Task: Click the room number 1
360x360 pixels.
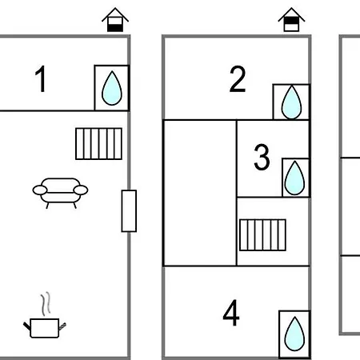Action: [41, 79]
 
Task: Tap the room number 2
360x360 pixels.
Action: [238, 79]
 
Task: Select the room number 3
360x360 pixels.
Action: [262, 157]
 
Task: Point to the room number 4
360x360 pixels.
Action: [231, 313]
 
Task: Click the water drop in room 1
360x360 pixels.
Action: [112, 88]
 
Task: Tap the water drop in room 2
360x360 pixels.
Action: [291, 102]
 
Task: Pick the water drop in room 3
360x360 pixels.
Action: [294, 178]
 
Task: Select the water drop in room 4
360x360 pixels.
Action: [294, 334]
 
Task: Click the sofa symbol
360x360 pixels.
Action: [60, 193]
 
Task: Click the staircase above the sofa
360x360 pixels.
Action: [98, 144]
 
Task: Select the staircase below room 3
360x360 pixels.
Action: [262, 235]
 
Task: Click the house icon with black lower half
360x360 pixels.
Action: [115, 20]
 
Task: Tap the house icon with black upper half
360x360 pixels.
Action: [291, 20]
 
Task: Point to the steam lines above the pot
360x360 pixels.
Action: [46, 303]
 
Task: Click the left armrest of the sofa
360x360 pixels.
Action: [40, 190]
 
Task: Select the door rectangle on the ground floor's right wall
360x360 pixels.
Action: [129, 211]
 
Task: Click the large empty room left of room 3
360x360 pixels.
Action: [200, 193]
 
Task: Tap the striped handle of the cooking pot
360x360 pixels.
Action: [62, 326]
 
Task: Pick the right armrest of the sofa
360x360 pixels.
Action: [81, 190]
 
